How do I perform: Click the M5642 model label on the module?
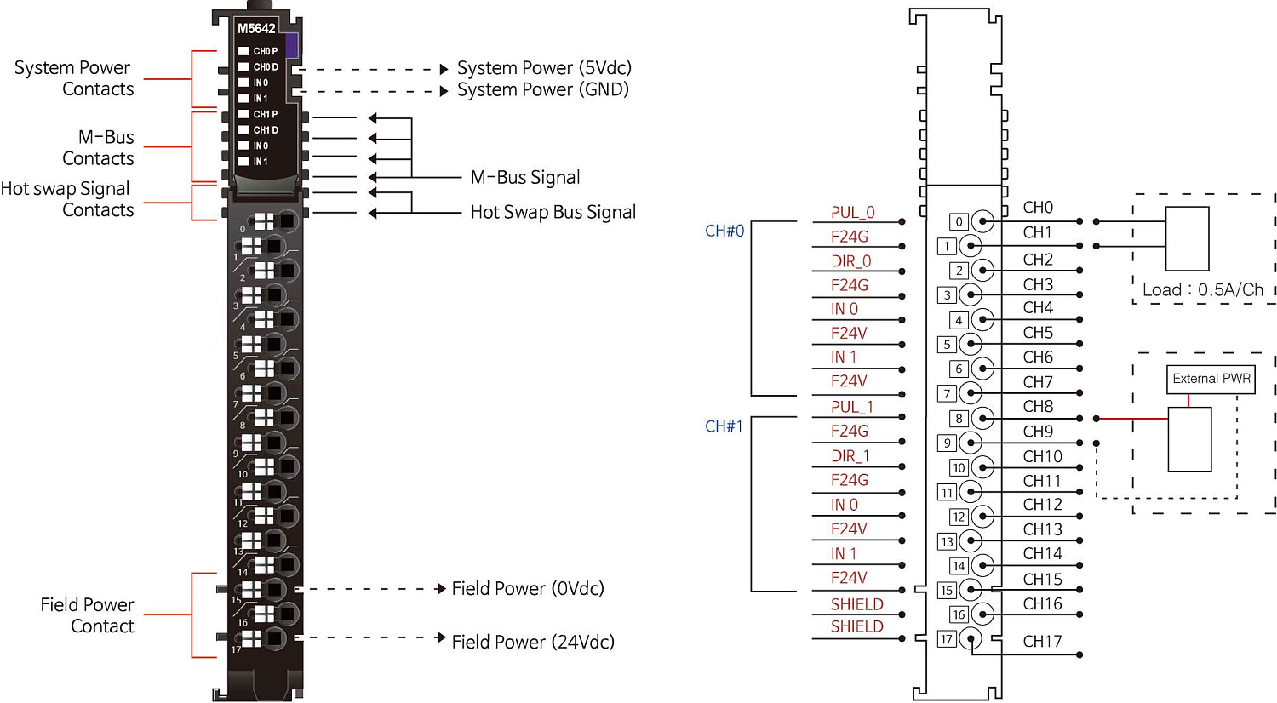256,29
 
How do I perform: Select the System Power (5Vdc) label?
544,68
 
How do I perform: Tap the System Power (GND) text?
543,90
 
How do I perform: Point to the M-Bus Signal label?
525,178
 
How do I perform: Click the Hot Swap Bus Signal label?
553,213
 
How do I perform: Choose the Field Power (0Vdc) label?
528,589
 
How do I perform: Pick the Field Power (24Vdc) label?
533,643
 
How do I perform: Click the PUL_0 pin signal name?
853,213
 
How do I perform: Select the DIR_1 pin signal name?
850,456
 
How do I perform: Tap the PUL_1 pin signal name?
852,407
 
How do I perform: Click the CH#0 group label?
724,231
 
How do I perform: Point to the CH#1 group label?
724,426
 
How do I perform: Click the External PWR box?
1211,379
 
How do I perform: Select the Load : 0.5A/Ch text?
1202,290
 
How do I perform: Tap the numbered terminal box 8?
959,419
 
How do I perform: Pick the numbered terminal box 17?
947,639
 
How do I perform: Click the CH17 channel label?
1042,642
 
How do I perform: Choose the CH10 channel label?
1042,457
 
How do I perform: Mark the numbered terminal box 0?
959,222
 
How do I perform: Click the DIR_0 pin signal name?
851,261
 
